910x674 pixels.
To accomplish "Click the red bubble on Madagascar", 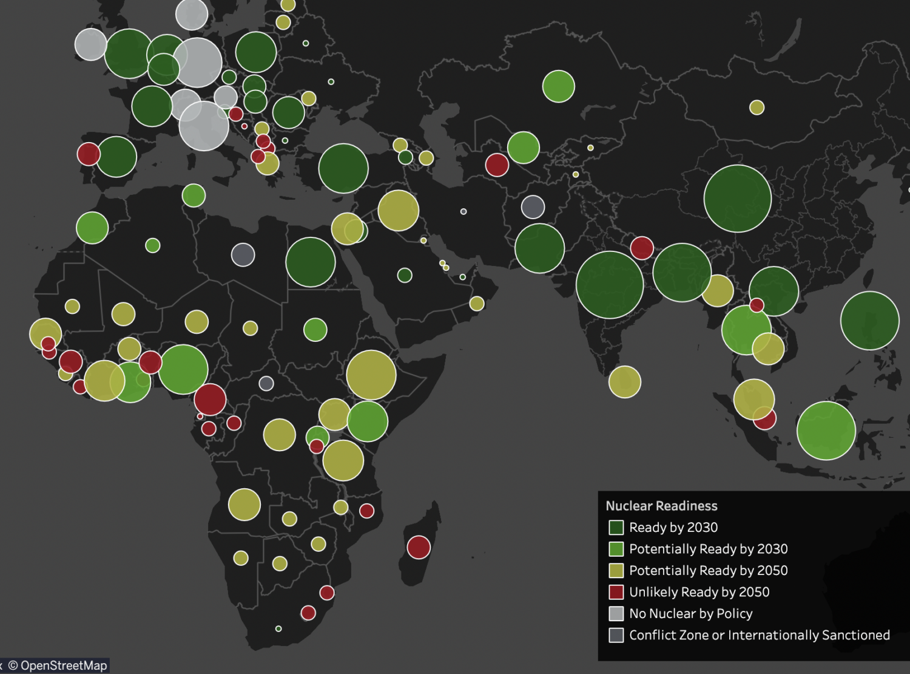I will (x=419, y=547).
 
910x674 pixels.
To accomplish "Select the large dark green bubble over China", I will (x=738, y=199).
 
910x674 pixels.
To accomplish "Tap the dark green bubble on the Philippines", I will (x=870, y=321).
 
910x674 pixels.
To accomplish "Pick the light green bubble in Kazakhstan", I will (x=558, y=86).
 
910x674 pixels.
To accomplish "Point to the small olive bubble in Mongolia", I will (x=757, y=107).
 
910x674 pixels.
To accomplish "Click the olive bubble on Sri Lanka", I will (x=624, y=382).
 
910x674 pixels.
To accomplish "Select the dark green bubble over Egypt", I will (x=311, y=262).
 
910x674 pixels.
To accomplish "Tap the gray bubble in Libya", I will (x=243, y=254).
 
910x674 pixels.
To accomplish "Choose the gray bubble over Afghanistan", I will (x=533, y=207).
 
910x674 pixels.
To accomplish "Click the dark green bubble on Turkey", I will (x=343, y=168).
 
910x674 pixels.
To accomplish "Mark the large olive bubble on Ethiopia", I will (x=371, y=375).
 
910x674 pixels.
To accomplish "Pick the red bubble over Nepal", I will (x=642, y=248).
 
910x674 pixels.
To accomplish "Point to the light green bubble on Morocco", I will (x=92, y=228).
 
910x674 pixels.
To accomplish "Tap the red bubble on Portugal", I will (x=89, y=154).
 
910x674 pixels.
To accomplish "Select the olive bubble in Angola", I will (x=244, y=504).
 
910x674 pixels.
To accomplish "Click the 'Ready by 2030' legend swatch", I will (x=616, y=527).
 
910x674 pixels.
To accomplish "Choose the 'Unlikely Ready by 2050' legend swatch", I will (x=616, y=592).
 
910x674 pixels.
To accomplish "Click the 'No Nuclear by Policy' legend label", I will (x=690, y=613).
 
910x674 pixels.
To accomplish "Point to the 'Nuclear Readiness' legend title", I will (x=661, y=506).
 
